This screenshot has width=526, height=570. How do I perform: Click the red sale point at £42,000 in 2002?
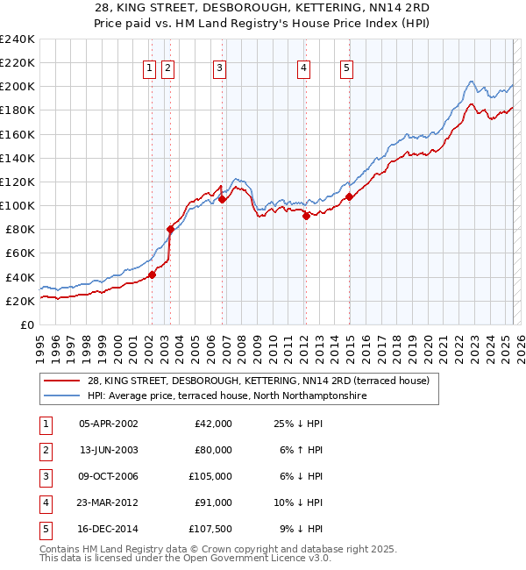point(152,274)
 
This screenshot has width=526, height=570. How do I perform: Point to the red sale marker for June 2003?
point(170,229)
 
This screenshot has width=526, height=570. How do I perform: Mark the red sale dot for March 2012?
point(306,216)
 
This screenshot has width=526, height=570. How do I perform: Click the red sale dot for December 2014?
point(349,196)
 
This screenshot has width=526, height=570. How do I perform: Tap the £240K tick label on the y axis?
point(18,39)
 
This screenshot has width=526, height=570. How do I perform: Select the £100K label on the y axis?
point(18,205)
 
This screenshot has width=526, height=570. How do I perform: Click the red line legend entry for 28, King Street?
point(258,381)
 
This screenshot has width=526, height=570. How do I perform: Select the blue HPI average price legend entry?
point(226,396)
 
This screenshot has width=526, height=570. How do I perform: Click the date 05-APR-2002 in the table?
point(108,424)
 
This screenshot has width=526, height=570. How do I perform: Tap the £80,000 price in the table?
point(213,450)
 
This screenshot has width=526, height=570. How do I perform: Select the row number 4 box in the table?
point(43,502)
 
